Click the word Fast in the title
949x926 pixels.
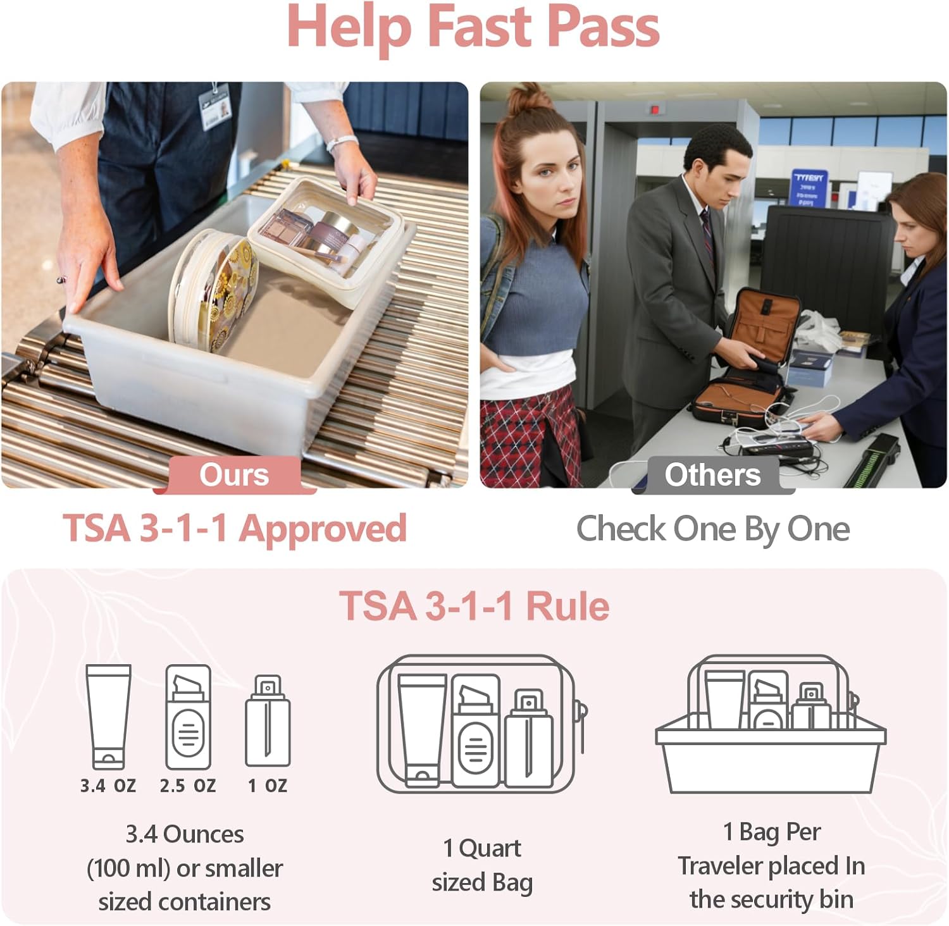[479, 27]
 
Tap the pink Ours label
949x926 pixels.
[234, 475]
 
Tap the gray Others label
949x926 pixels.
[712, 475]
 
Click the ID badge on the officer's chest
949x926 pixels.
[215, 108]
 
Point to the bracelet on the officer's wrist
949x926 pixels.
[342, 143]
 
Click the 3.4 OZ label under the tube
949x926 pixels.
[108, 786]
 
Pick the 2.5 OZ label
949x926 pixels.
[187, 786]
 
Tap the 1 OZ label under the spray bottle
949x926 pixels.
[268, 786]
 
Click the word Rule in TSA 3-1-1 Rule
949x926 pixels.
[568, 606]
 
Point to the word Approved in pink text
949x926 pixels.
[323, 529]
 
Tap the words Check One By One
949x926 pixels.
[712, 529]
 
